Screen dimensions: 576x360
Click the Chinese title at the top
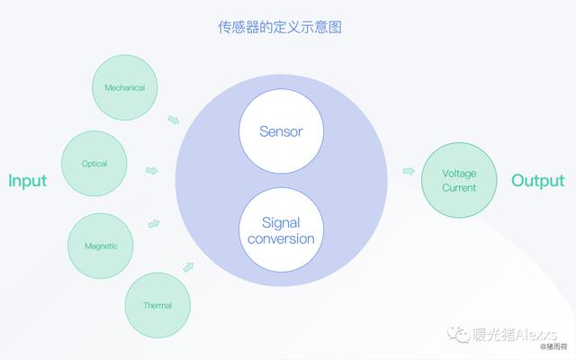tap(280, 27)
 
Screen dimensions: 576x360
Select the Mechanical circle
tap(125, 87)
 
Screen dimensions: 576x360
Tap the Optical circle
tap(94, 164)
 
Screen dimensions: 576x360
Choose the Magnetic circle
tap(101, 246)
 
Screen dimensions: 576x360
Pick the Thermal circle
tap(158, 305)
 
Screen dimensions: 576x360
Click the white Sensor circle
tap(281, 131)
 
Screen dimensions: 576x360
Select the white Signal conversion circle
tap(281, 230)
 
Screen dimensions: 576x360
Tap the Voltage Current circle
tap(459, 180)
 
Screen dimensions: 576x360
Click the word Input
tap(28, 181)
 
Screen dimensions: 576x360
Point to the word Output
tap(538, 181)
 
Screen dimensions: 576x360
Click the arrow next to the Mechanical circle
tap(174, 120)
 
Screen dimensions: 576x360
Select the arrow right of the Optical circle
tap(152, 170)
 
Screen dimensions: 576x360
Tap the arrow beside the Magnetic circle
tap(154, 224)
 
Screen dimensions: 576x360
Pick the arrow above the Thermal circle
tap(188, 267)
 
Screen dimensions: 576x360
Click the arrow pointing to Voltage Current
tap(409, 171)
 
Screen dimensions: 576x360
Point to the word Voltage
tap(459, 173)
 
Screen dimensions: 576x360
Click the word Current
tap(459, 188)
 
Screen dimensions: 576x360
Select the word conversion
tap(281, 238)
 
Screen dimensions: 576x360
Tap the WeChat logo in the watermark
tap(458, 334)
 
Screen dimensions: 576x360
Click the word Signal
tap(281, 223)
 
